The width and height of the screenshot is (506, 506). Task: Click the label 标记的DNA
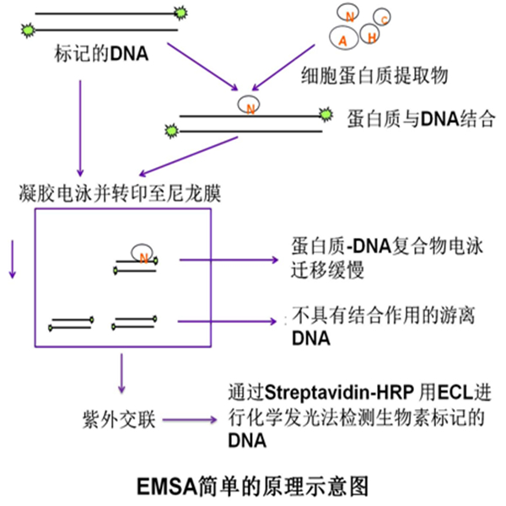[x=100, y=55]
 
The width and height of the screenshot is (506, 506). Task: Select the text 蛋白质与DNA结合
[x=408, y=116]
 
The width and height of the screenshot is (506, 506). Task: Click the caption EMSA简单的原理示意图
[x=252, y=487]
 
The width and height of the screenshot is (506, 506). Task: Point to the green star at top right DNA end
[x=179, y=12]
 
